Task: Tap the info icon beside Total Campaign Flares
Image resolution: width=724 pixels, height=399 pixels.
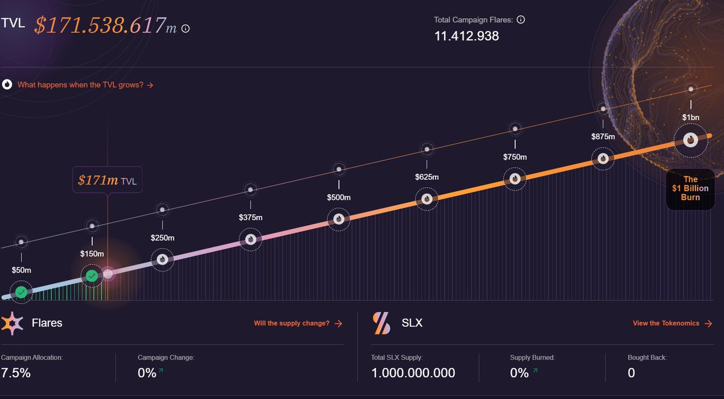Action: pyautogui.click(x=521, y=19)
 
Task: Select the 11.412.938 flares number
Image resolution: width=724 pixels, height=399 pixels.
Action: pyautogui.click(x=466, y=36)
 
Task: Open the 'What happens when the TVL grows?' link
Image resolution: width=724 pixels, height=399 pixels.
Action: pyautogui.click(x=85, y=85)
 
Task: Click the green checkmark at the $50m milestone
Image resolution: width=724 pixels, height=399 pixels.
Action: pyautogui.click(x=21, y=292)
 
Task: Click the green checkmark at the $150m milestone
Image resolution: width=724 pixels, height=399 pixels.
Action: pyautogui.click(x=92, y=276)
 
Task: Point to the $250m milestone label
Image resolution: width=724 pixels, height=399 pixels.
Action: pyautogui.click(x=162, y=238)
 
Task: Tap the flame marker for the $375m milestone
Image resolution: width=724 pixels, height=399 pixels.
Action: pyautogui.click(x=250, y=240)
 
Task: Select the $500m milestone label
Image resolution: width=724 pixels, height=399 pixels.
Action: pyautogui.click(x=338, y=197)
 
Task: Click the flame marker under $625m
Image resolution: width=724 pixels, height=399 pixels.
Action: pyautogui.click(x=427, y=198)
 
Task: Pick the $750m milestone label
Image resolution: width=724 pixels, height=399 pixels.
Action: pyautogui.click(x=515, y=157)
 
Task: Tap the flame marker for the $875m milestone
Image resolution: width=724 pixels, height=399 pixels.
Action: pyautogui.click(x=603, y=158)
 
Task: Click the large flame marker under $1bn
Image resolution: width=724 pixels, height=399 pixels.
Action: pyautogui.click(x=690, y=140)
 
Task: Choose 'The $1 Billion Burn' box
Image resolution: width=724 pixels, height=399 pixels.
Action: pyautogui.click(x=690, y=188)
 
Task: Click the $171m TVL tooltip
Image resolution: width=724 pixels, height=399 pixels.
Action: pyautogui.click(x=107, y=180)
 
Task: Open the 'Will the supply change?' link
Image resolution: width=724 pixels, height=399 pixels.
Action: pyautogui.click(x=297, y=324)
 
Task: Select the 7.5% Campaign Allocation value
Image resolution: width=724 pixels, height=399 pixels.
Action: pyautogui.click(x=16, y=372)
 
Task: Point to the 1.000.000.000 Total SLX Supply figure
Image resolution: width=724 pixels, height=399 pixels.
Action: pyautogui.click(x=413, y=372)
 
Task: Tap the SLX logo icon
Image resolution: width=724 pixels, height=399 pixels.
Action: pyautogui.click(x=382, y=323)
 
